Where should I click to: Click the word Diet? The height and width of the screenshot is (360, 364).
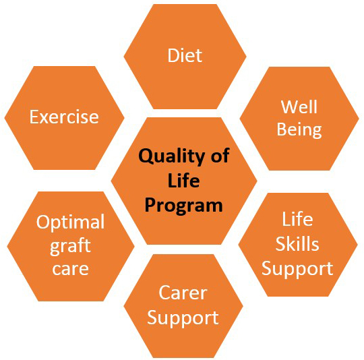[185, 55]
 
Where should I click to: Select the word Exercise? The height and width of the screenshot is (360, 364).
[64, 117]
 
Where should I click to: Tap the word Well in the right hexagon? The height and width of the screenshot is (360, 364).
[299, 107]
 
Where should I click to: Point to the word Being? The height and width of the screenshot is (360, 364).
[299, 129]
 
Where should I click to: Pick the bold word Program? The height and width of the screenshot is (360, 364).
[183, 206]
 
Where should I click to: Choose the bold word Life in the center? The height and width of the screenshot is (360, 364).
[183, 181]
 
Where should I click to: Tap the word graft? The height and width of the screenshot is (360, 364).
[70, 247]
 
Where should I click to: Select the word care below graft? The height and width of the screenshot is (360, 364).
[70, 269]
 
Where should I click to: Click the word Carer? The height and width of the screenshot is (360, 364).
[183, 293]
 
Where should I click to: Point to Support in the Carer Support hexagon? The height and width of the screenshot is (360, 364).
[183, 318]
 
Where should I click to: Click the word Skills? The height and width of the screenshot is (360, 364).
[297, 243]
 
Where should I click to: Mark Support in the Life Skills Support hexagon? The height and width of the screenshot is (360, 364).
[297, 269]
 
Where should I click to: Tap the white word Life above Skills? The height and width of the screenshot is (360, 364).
[297, 218]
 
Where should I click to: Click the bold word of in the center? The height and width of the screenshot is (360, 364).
[220, 155]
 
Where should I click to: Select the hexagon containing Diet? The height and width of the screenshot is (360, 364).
[185, 57]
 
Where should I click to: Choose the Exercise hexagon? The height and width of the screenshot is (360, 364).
[64, 118]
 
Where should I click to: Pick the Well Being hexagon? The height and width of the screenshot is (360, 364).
[299, 119]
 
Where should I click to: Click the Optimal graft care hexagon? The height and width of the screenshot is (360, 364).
[71, 246]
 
